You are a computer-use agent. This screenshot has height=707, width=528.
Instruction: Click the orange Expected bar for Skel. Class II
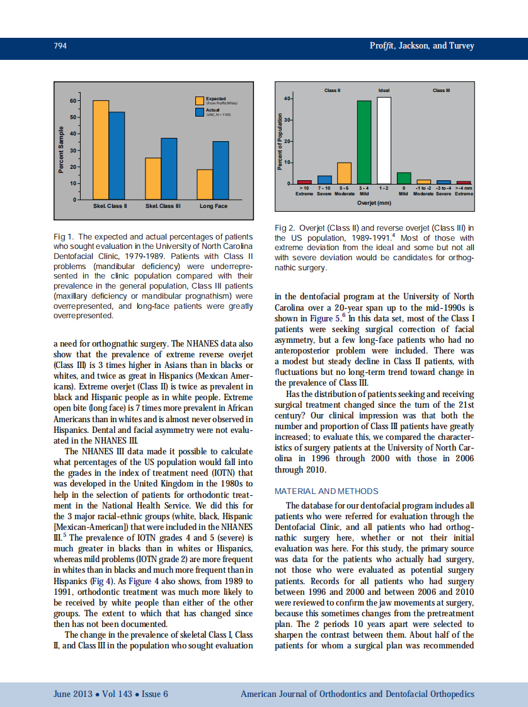[x=101, y=150]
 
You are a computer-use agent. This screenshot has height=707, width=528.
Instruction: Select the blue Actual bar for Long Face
[x=221, y=170]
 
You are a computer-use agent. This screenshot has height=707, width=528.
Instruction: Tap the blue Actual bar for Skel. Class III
[x=169, y=168]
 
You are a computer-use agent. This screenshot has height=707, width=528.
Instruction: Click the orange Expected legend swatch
[x=199, y=101]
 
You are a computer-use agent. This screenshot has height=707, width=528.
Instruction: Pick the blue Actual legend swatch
[x=199, y=112]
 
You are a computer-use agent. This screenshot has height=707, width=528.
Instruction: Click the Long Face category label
[x=213, y=207]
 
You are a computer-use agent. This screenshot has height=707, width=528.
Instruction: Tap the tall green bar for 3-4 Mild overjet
[x=364, y=142]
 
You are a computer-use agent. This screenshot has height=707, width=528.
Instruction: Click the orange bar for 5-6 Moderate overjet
[x=344, y=173]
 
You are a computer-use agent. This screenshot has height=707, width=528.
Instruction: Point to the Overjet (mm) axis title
[x=374, y=203]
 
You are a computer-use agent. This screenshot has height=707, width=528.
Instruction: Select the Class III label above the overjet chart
[x=442, y=91]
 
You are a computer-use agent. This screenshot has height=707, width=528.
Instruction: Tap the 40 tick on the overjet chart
[x=287, y=98]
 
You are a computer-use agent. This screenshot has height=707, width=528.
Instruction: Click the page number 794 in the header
[x=60, y=46]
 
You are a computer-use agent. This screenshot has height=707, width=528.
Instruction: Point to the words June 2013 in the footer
[x=72, y=694]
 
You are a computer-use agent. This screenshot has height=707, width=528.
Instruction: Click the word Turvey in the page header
[x=459, y=46]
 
